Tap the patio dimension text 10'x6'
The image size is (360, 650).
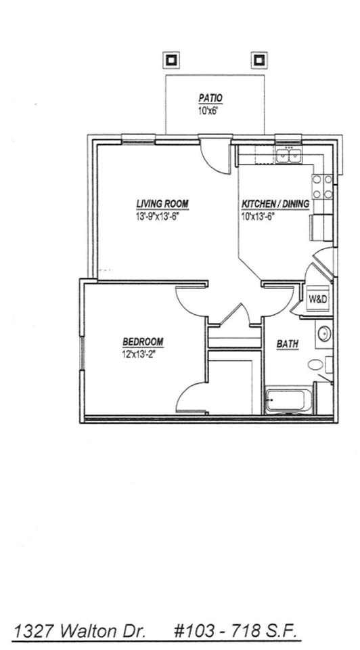pos(208,110)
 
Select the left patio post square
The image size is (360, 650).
pos(171,60)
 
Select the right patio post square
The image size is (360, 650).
pos(258,60)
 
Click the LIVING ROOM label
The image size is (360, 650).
pos(162,204)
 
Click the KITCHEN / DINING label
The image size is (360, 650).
pos(275,204)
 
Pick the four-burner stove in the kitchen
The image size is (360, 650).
pos(321,187)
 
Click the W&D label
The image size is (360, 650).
pos(317,299)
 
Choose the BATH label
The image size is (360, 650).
pos(288,344)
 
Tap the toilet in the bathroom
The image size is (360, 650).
pos(317,366)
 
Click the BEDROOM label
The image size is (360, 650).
pos(143,341)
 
